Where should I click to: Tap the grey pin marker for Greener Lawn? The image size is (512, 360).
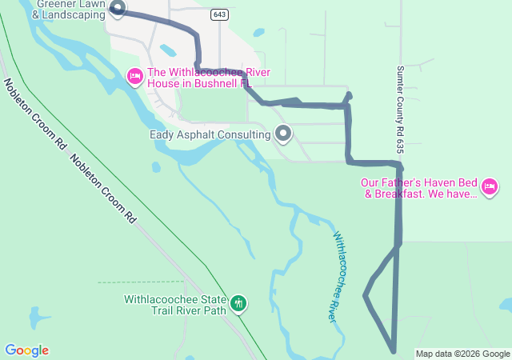(x=118, y=9)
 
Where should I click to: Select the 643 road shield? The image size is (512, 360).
(x=219, y=14)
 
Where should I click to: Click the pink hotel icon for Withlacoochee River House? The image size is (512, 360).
(x=135, y=76)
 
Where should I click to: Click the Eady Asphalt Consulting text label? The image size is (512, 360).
(x=210, y=134)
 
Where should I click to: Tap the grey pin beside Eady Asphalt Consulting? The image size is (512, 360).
(x=283, y=133)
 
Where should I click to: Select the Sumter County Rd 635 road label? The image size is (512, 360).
(x=399, y=110)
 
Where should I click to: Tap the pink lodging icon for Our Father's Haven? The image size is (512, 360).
(x=490, y=188)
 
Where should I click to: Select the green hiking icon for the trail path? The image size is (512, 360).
(x=238, y=303)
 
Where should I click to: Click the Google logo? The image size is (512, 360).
(x=26, y=350)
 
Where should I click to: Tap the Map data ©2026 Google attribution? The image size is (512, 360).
(x=462, y=354)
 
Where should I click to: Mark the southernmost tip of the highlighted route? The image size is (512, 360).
(x=394, y=350)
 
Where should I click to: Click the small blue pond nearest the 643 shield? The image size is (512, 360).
(x=258, y=34)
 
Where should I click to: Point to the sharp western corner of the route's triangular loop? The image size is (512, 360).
(x=366, y=295)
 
